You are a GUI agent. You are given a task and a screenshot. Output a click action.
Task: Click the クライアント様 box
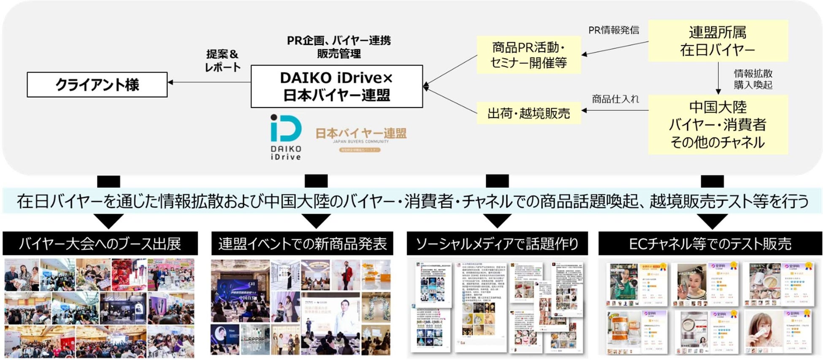(97, 84)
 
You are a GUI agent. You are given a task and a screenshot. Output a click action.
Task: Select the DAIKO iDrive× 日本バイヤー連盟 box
(336, 86)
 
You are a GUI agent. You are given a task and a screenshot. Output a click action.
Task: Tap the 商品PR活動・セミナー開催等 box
(528, 55)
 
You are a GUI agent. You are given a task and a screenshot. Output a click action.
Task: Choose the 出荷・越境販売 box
(528, 113)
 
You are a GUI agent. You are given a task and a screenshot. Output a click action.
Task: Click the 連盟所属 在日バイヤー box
(717, 41)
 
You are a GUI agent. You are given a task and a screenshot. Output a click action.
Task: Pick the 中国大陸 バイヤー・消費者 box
(717, 125)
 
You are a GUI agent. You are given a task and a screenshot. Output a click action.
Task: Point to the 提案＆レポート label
(222, 60)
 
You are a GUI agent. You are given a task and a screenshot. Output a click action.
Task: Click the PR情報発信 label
(614, 30)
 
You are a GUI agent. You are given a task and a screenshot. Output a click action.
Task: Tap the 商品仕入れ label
(615, 99)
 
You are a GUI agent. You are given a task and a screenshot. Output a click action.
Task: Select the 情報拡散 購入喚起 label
(753, 79)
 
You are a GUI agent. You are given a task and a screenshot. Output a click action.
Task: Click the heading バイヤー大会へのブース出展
(100, 244)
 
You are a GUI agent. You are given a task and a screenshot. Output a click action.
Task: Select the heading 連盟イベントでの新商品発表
(302, 244)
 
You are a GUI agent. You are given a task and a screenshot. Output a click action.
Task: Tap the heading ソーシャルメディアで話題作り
(497, 244)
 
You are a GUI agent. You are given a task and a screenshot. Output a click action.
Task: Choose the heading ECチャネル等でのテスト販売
(710, 244)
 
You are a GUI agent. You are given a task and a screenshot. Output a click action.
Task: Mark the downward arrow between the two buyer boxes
(718, 78)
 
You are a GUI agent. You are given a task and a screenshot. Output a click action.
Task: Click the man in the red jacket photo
(347, 274)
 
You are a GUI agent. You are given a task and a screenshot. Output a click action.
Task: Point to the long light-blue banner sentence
(412, 201)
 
